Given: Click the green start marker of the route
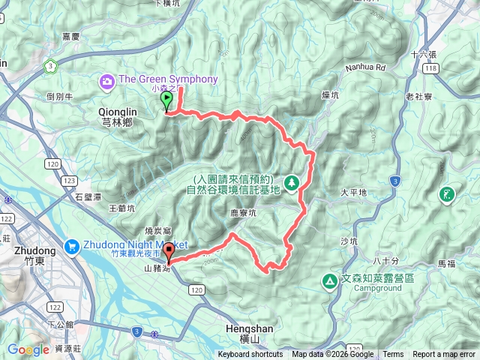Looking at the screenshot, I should [166, 106].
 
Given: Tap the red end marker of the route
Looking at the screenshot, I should [169, 252].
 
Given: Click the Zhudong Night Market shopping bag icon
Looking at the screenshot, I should [72, 244].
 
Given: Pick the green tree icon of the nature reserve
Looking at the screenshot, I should [290, 182].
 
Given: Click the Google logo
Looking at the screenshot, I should [28, 349].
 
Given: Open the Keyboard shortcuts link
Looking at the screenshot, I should [251, 355].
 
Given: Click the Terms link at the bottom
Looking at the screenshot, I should [393, 355].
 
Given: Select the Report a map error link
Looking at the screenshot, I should [444, 355].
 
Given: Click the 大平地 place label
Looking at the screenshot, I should [353, 193].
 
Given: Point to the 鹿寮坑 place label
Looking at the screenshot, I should [243, 213].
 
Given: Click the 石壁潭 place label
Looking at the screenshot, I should [88, 197].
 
